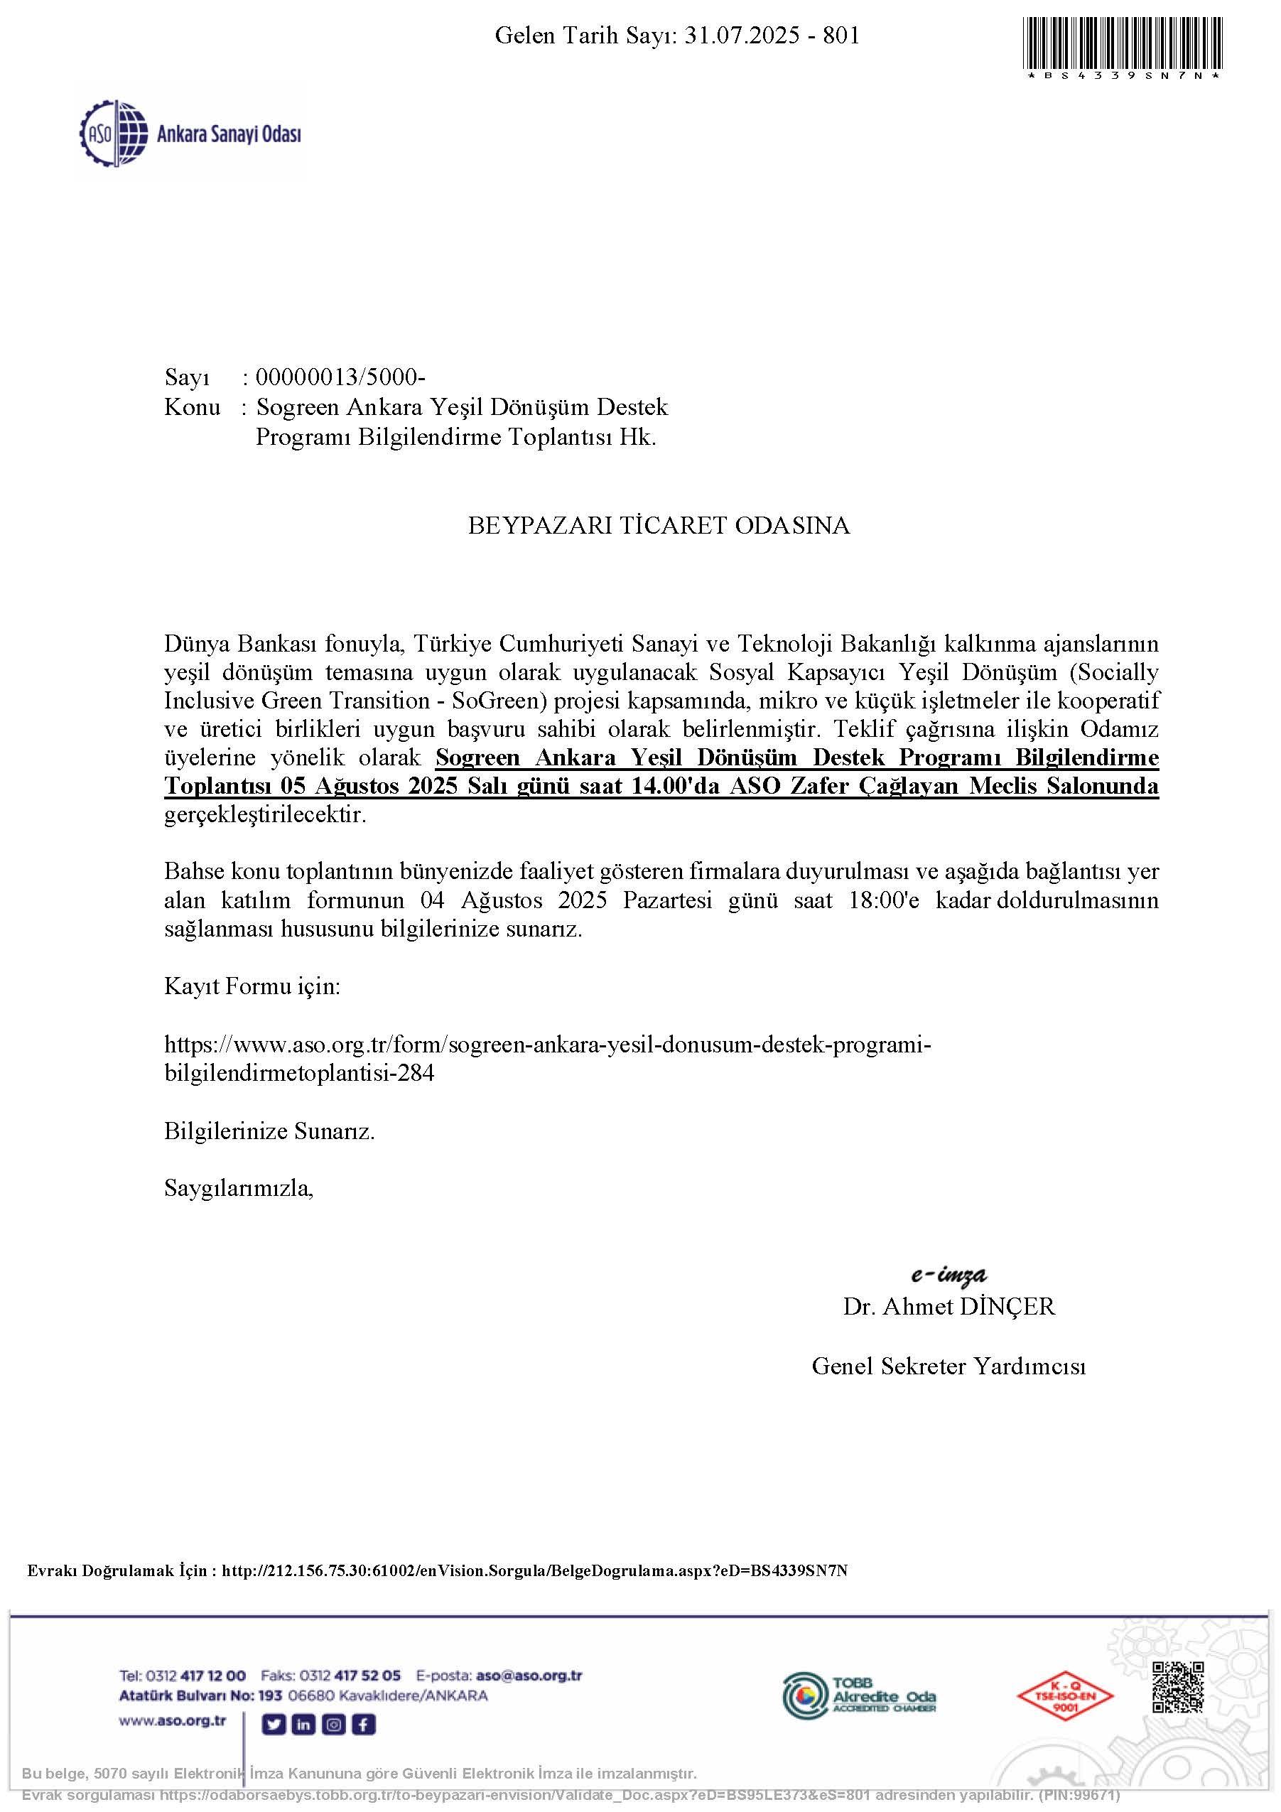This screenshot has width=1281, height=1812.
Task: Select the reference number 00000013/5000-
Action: pos(340,377)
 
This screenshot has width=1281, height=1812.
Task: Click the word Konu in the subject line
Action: pos(192,407)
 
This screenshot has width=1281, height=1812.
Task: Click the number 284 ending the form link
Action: pos(415,1073)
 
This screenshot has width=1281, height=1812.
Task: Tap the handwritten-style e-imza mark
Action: pos(948,1275)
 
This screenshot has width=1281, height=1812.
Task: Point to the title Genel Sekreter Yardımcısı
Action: pos(948,1366)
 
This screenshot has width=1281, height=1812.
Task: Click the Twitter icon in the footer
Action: pos(273,1725)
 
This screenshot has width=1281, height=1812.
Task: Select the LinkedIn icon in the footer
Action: pos(303,1725)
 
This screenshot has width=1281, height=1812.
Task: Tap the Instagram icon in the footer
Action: pos(334,1725)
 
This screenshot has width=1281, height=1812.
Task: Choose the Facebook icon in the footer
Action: pos(364,1725)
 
